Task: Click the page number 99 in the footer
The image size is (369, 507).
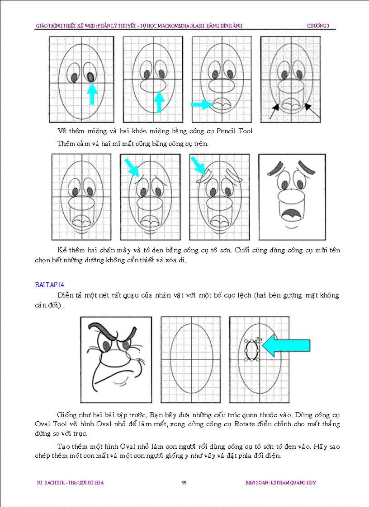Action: (x=184, y=483)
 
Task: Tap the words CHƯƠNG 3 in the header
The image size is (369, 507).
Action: (x=321, y=26)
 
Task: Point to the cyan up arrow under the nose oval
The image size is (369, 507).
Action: (x=159, y=102)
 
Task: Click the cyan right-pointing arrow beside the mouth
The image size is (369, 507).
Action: (x=201, y=105)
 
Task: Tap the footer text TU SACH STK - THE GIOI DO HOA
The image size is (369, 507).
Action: (x=70, y=483)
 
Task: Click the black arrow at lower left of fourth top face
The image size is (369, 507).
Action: (x=274, y=111)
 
